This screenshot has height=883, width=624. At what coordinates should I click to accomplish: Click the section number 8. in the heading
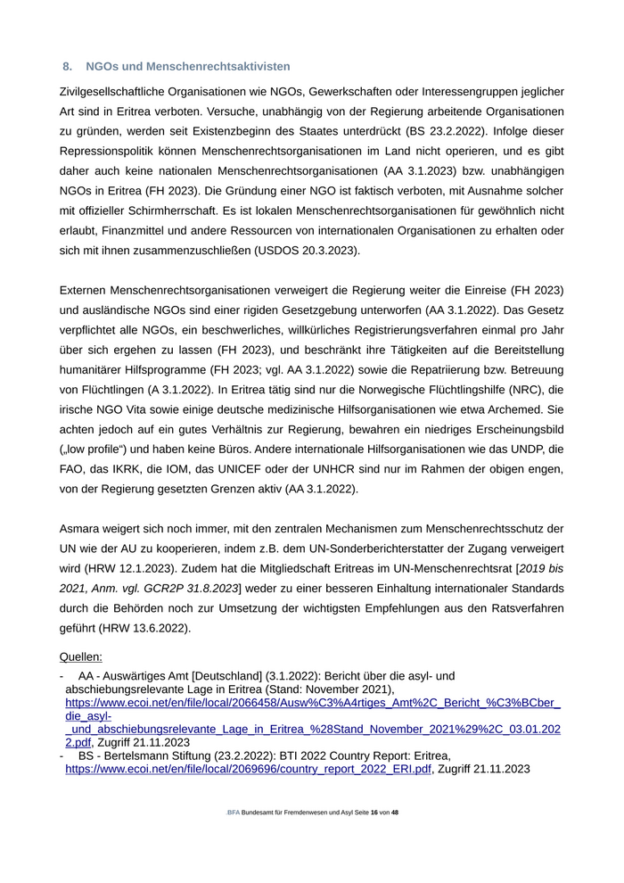[67, 67]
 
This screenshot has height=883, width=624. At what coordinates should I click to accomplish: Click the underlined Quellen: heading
[80, 657]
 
